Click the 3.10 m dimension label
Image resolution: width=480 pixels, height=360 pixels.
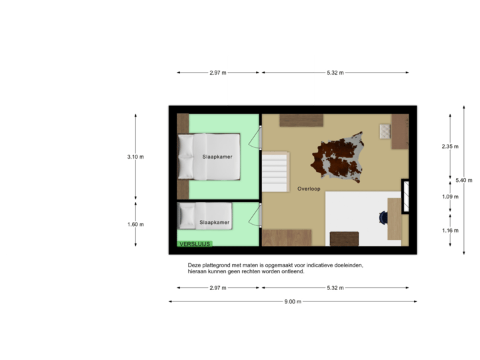(x=136, y=157)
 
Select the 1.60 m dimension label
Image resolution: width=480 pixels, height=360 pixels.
(x=136, y=224)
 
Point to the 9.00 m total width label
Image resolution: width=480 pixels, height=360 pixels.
(x=293, y=301)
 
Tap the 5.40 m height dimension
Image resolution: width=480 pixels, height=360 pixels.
(x=463, y=180)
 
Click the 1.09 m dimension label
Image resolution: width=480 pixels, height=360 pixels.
(x=451, y=197)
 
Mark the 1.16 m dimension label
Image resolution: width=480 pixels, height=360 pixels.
(x=451, y=230)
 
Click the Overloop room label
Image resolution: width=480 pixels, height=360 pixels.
(x=309, y=189)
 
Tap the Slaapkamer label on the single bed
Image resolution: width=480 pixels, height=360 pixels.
(x=215, y=222)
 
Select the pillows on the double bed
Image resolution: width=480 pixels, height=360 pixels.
(x=185, y=157)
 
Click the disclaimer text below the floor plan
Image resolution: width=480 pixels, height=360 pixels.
(x=276, y=268)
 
